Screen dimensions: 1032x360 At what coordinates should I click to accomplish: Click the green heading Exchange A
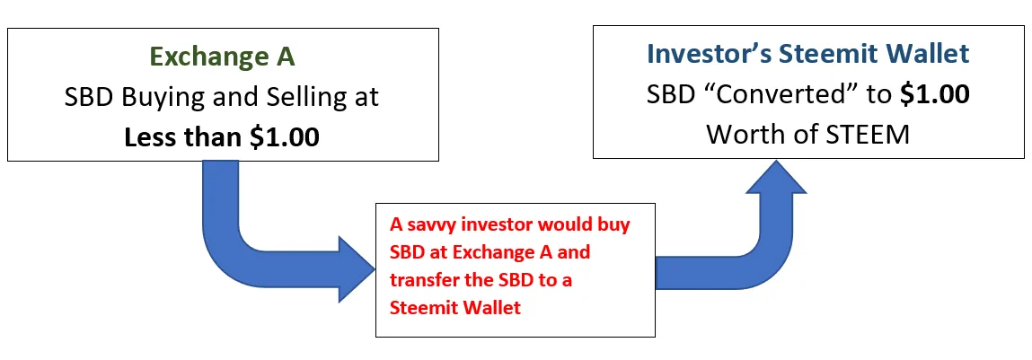pos(223,57)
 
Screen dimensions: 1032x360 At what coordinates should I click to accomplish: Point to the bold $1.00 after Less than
pos(284,137)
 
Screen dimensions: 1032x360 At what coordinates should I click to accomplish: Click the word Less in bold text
pos(148,137)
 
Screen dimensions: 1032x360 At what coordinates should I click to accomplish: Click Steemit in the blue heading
pos(827,54)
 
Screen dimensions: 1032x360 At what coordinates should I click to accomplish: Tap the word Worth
pos(745,135)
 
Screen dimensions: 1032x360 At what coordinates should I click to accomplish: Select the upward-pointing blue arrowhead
pos(777,177)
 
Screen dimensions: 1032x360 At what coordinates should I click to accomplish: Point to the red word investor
pos(507,225)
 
